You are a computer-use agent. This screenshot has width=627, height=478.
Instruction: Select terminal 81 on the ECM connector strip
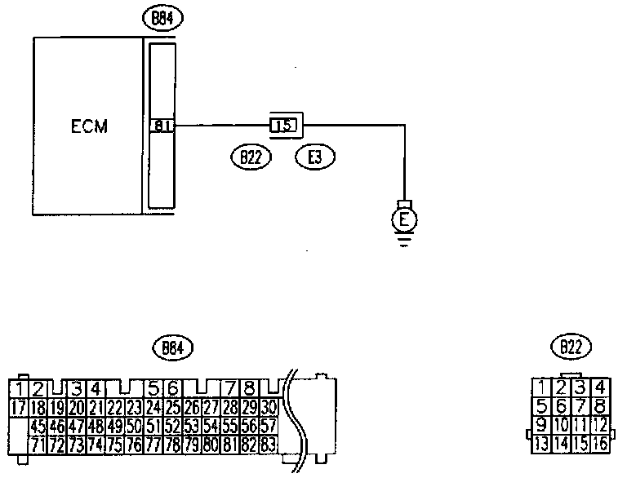coord(161,126)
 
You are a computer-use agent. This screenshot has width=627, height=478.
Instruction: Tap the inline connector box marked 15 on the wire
coord(285,126)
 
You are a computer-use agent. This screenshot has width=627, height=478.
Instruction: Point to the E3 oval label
coord(316,157)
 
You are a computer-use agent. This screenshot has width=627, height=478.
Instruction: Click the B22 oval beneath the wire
coord(250,157)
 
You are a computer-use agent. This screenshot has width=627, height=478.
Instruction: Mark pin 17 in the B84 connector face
coord(19,406)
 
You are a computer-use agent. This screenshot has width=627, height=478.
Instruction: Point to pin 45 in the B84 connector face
coord(37,427)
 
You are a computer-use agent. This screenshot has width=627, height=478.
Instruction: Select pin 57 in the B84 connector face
coord(269,427)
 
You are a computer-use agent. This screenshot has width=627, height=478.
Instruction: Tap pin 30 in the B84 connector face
coord(269,406)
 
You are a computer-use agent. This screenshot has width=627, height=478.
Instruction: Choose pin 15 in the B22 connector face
coord(580,444)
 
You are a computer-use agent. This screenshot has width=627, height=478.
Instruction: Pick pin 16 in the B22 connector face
coord(600,444)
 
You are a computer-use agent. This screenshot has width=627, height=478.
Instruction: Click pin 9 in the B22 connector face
coord(541,424)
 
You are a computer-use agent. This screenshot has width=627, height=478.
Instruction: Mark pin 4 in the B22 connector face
coord(600,387)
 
